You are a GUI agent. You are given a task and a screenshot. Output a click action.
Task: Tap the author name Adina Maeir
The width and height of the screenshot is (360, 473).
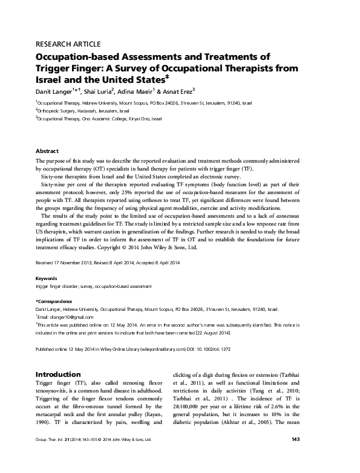146,91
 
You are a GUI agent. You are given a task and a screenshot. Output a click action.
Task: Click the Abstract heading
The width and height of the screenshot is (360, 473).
47,151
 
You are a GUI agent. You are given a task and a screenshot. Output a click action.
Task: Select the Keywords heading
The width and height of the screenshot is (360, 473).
47,279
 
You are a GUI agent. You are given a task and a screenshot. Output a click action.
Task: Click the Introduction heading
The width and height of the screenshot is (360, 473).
59,374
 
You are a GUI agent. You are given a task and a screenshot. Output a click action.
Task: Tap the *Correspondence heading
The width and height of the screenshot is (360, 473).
54,301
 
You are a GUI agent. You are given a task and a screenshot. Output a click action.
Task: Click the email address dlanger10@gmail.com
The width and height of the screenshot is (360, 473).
66,316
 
